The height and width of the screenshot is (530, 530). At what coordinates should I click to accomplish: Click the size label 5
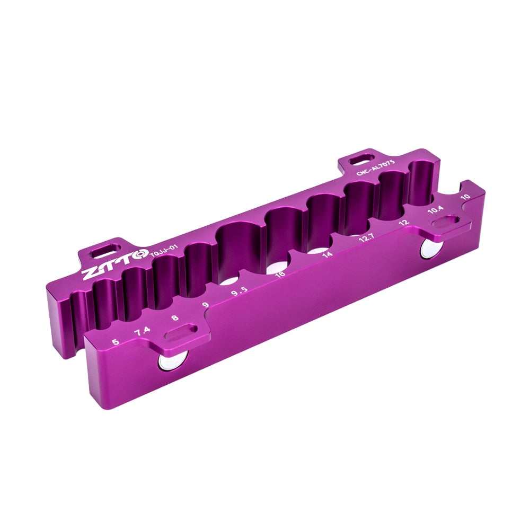pos(116,342)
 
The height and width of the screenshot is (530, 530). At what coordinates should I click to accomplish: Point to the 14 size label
pos(327,254)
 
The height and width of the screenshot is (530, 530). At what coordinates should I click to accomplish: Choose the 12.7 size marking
pos(366,238)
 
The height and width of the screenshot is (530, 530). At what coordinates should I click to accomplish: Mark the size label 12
pos(404,223)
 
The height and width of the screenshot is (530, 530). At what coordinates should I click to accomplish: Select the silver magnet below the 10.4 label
pos(431,247)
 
